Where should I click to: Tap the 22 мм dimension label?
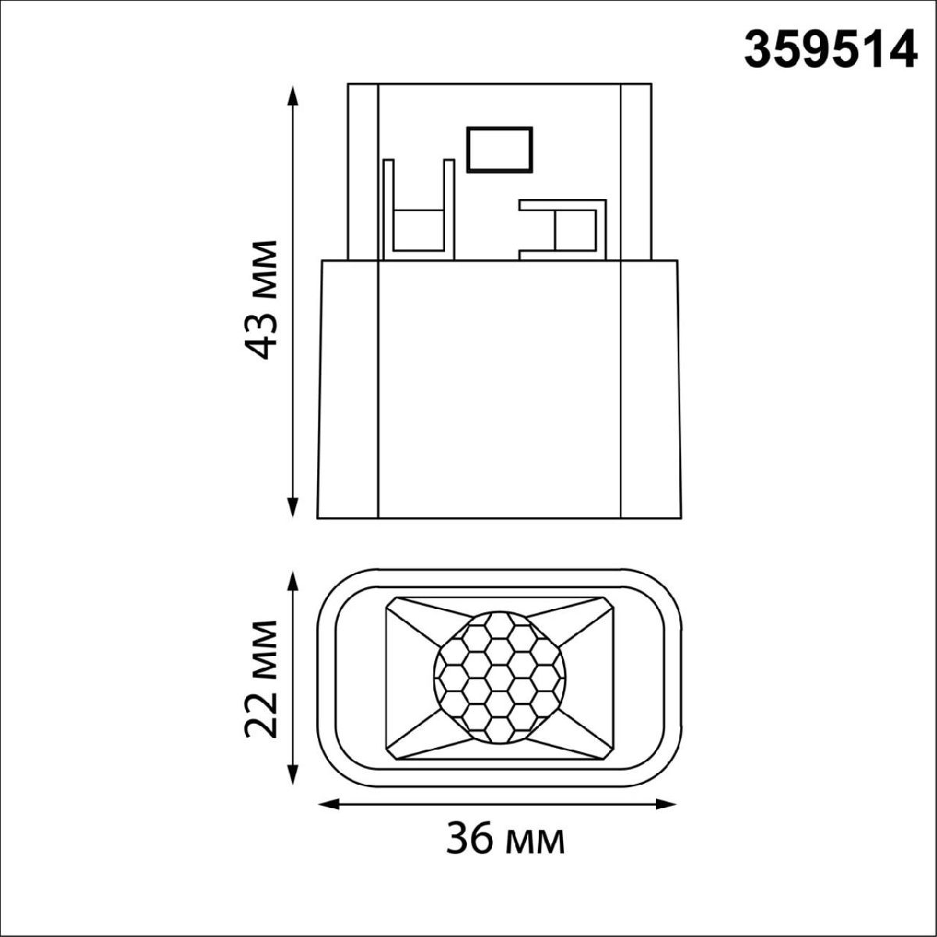point(258,679)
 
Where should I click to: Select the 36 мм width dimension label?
point(505,841)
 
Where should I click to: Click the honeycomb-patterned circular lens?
point(498,675)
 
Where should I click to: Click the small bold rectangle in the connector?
point(499,149)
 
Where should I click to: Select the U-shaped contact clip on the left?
point(418,211)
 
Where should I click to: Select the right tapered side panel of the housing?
point(647,389)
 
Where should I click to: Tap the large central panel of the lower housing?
point(498,389)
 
